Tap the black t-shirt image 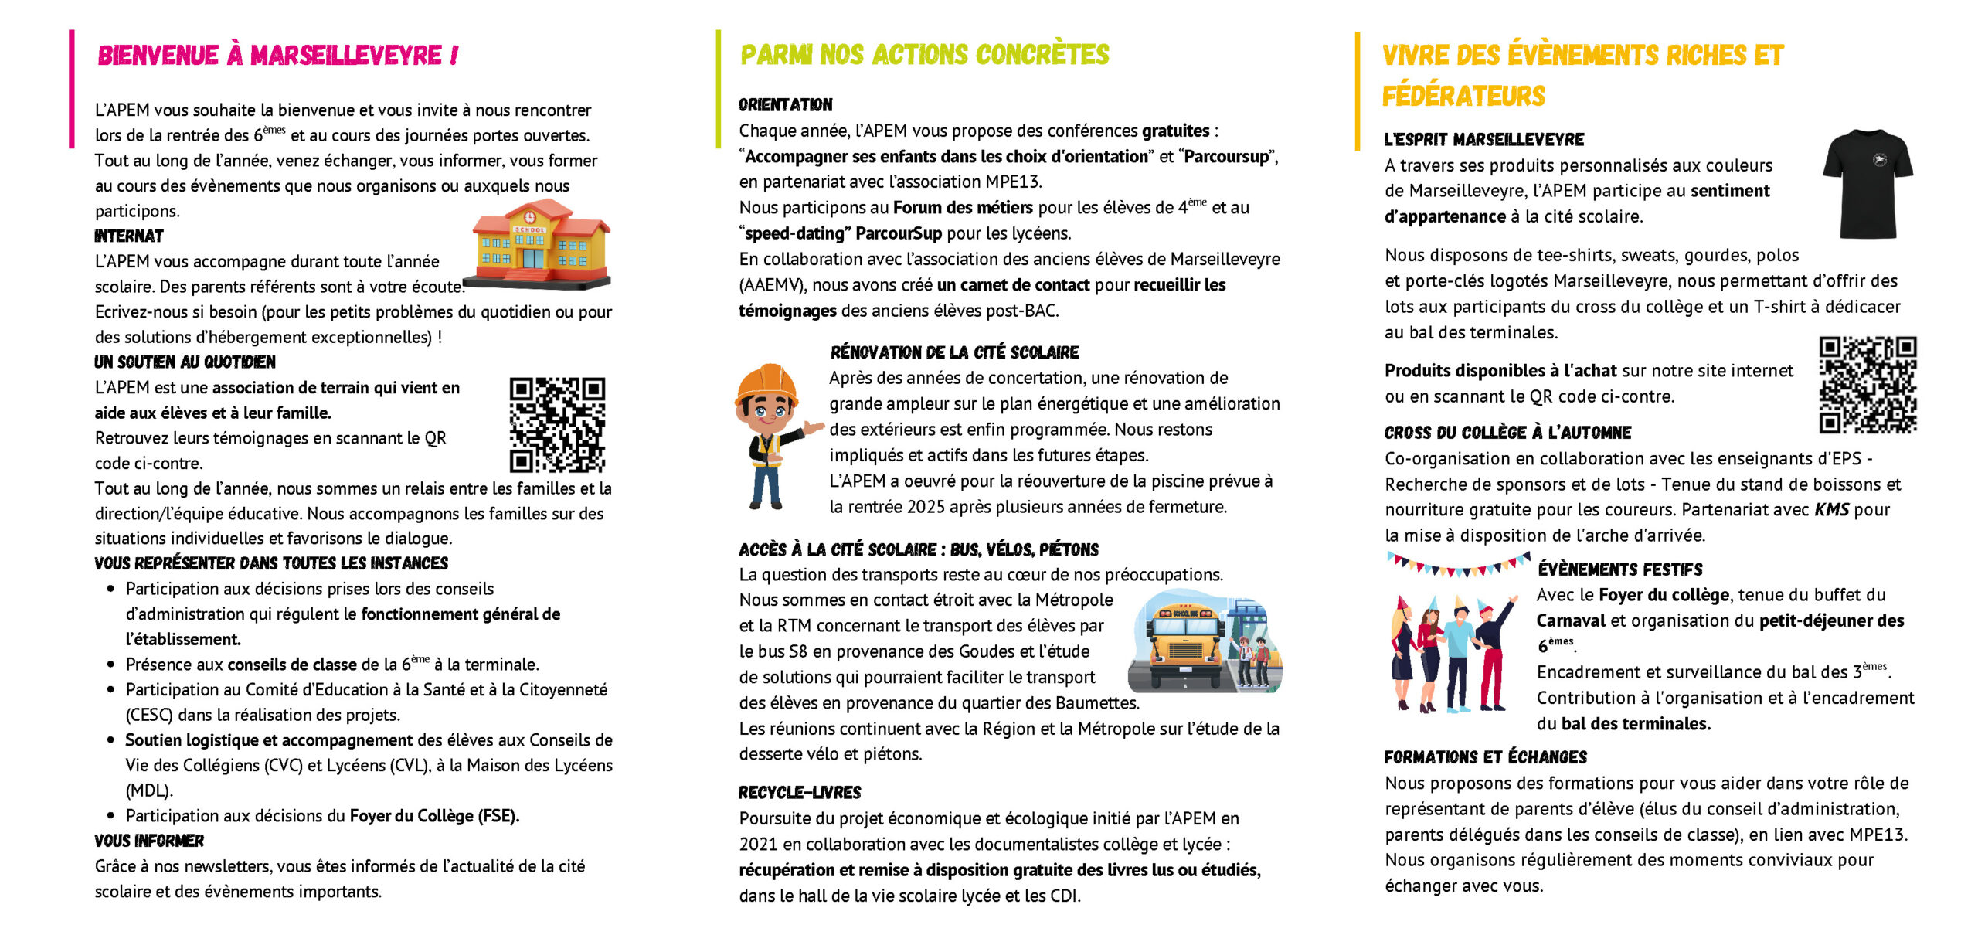pos(1868,184)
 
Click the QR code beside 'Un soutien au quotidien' pos(557,424)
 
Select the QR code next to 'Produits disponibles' pos(1867,384)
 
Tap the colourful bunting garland pos(1457,564)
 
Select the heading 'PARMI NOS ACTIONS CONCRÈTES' pos(924,55)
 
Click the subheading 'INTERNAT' pos(129,236)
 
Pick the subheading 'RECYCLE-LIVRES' pos(800,793)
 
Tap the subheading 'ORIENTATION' pos(785,105)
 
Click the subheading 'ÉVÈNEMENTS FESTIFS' pos(1619,569)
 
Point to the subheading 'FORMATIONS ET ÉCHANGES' pos(1485,757)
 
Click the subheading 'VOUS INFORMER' pos(149,841)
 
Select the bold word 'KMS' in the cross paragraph pos(1831,510)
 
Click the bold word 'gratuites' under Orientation pos(1175,131)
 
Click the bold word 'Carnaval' pos(1570,620)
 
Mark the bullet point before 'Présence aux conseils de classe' pos(111,665)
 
